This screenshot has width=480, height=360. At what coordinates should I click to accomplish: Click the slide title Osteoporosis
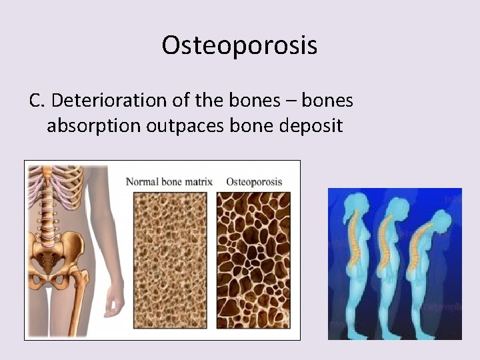[x=239, y=45]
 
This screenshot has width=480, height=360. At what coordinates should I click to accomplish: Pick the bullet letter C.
[x=36, y=100]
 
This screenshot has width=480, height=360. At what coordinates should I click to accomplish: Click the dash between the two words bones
[x=291, y=101]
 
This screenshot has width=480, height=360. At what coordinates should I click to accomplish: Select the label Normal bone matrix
[x=169, y=181]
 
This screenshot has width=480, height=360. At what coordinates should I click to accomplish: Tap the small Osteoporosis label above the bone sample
[x=254, y=181]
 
